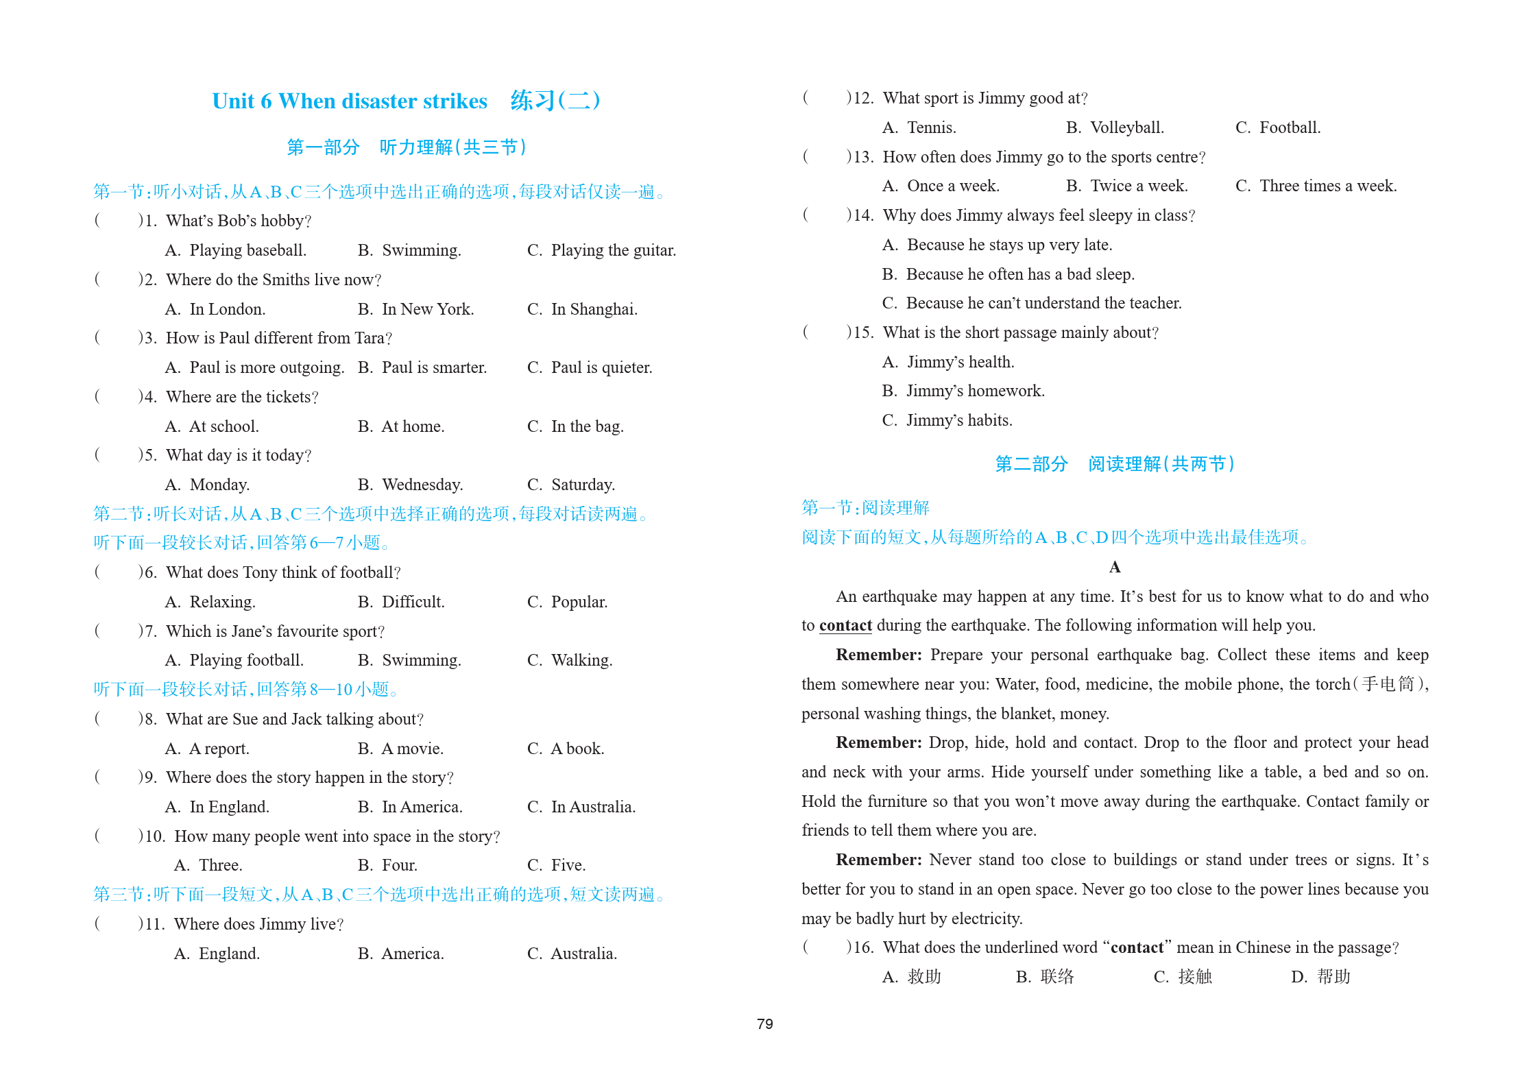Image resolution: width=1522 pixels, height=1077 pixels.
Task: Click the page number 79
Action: click(x=764, y=1024)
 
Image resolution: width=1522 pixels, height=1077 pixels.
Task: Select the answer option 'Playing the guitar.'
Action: click(x=613, y=250)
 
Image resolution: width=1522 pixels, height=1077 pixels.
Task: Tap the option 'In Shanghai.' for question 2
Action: click(x=594, y=309)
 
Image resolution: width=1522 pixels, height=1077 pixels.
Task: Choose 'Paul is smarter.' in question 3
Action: click(x=434, y=367)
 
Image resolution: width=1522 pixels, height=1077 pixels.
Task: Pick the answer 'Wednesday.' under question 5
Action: click(x=422, y=485)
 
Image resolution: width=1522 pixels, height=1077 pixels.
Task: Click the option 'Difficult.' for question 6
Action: click(x=413, y=602)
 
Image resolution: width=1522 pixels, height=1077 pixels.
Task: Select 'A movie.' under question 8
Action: click(x=412, y=749)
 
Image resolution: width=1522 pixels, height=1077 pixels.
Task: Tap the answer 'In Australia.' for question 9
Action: click(x=593, y=807)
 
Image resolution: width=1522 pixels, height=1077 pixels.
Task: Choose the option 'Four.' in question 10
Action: click(x=399, y=865)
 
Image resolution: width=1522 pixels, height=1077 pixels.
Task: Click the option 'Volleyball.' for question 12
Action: click(x=1126, y=128)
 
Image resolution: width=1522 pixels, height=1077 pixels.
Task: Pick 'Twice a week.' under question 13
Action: click(x=1139, y=186)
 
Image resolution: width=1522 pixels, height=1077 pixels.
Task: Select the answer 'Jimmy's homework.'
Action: click(x=975, y=391)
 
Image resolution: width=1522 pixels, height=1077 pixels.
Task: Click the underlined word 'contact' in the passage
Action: click(x=845, y=625)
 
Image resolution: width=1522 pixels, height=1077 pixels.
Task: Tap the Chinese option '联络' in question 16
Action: click(x=1056, y=976)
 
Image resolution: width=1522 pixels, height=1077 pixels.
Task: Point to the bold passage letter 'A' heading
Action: click(x=1115, y=567)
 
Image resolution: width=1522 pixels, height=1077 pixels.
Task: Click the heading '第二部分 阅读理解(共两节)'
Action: click(x=1114, y=464)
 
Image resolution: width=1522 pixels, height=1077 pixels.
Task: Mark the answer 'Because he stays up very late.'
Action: click(x=1009, y=245)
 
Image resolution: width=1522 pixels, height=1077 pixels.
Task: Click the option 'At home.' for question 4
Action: click(x=413, y=426)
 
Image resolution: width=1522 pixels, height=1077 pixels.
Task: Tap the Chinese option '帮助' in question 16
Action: click(x=1333, y=976)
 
